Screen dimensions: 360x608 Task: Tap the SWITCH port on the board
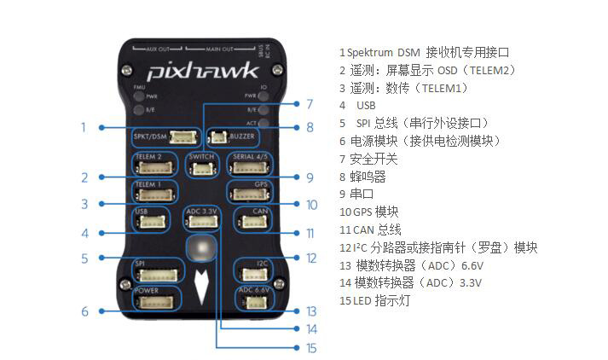tap(202, 166)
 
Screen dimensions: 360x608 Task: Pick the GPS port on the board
tap(250, 194)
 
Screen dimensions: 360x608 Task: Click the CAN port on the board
tap(253, 221)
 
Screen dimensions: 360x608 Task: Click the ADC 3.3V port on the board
tap(202, 220)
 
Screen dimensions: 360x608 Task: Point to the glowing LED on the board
tap(202, 248)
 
